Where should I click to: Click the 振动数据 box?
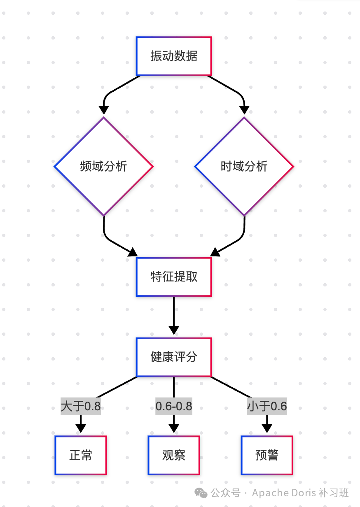coord(174,56)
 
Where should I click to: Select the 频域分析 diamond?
coord(103,167)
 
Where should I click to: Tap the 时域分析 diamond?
coord(244,167)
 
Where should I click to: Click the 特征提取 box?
coord(174,277)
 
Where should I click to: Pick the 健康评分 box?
coord(174,357)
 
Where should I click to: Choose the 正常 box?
coord(81,455)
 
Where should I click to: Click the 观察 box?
coord(174,455)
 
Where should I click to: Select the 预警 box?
coord(267,455)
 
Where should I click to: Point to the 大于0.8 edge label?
coord(81,407)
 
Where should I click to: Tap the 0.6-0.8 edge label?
coord(174,407)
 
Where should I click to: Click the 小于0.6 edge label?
coord(267,407)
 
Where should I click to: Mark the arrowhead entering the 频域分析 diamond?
coord(104,110)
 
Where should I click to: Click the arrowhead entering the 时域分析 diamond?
coord(244,110)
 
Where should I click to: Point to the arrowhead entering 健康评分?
coord(174,330)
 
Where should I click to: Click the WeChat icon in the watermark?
coord(201,493)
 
